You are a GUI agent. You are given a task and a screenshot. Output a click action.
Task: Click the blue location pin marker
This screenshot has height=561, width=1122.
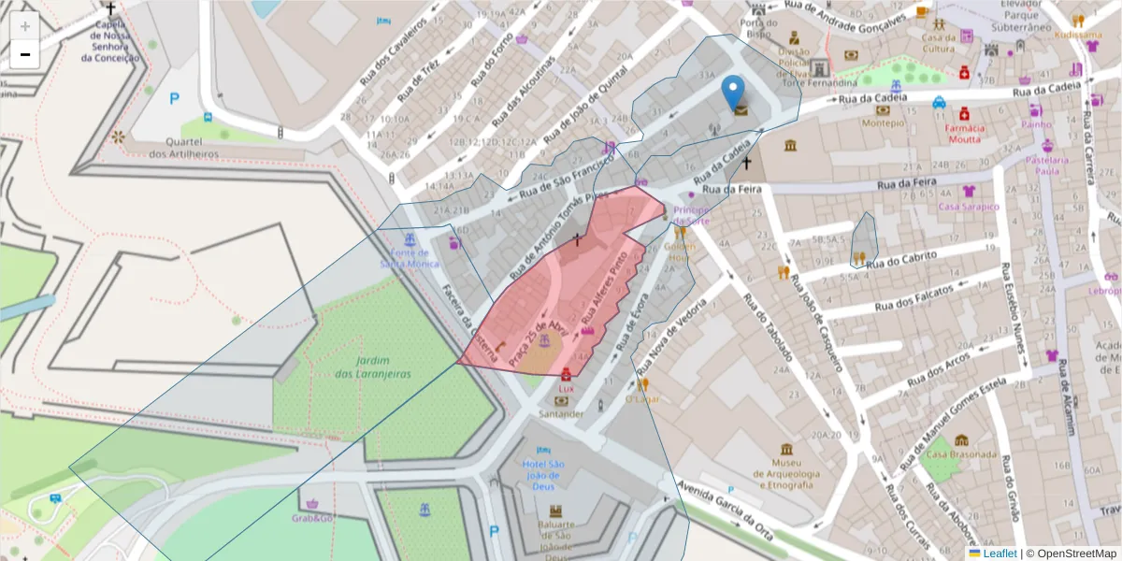[734, 92]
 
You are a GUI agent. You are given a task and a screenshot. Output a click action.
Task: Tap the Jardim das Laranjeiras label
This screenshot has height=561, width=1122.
[373, 367]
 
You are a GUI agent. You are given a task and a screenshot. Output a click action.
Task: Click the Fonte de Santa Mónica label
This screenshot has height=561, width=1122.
[410, 258]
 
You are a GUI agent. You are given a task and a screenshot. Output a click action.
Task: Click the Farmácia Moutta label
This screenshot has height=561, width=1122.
[964, 133]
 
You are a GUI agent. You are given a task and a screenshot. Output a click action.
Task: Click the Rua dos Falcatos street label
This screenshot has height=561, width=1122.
[913, 299]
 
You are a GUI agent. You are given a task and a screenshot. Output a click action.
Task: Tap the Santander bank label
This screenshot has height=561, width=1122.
[561, 413]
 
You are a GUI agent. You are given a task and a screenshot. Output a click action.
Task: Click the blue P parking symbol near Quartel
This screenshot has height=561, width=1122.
[174, 98]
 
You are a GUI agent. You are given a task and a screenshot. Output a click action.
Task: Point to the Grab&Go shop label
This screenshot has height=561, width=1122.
[312, 517]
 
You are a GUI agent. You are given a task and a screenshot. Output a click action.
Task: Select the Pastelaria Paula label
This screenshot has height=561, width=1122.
[1047, 165]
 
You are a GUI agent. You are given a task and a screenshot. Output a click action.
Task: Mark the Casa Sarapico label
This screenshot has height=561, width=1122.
[969, 206]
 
